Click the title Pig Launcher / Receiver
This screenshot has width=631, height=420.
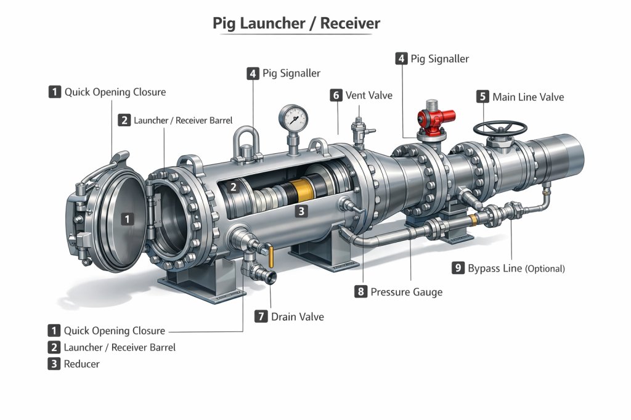(296, 23)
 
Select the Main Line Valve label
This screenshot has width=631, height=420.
(528, 97)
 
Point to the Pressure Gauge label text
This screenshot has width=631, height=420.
(406, 292)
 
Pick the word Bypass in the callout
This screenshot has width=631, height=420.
(486, 268)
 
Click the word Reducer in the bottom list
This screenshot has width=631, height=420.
(81, 364)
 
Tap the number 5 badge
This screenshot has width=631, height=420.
(482, 97)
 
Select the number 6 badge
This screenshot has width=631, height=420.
(336, 95)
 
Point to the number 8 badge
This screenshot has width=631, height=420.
(361, 292)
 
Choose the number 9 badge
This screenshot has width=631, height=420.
(458, 268)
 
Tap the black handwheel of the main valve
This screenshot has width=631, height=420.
(500, 128)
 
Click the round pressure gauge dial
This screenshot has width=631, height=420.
(293, 116)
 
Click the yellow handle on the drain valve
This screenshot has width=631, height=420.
(270, 252)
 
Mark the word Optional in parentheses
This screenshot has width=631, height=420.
(545, 269)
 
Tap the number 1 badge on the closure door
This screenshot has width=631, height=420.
(127, 218)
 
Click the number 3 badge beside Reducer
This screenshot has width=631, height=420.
(54, 364)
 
